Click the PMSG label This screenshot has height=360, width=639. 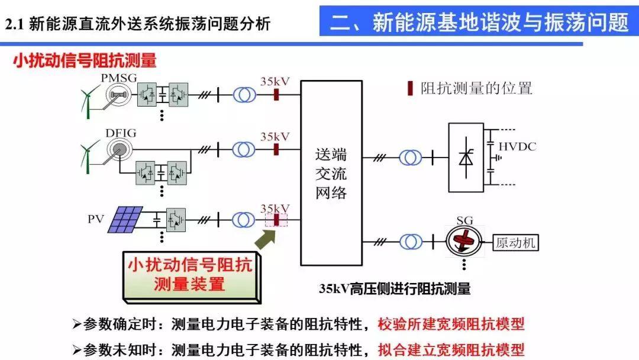[118, 78]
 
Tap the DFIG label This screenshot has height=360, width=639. [121, 133]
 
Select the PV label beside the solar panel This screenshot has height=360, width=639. [96, 219]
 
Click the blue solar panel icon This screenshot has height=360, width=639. [125, 219]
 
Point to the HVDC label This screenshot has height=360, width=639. [517, 146]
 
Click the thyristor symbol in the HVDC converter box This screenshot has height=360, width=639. [466, 157]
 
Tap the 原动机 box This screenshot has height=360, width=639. [515, 243]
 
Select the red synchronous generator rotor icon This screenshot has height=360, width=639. [464, 240]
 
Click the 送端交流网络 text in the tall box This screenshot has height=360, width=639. [331, 173]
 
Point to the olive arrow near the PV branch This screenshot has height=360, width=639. [265, 239]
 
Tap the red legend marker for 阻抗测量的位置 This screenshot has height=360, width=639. [410, 88]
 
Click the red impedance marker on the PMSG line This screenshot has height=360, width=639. [276, 95]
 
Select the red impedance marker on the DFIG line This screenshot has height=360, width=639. [276, 149]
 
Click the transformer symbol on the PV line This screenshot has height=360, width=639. [244, 220]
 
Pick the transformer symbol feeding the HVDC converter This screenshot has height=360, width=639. [411, 157]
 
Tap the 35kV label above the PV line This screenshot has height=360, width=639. [275, 208]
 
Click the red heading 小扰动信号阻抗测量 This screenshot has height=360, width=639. [85, 61]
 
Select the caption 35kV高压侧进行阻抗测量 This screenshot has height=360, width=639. [395, 289]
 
